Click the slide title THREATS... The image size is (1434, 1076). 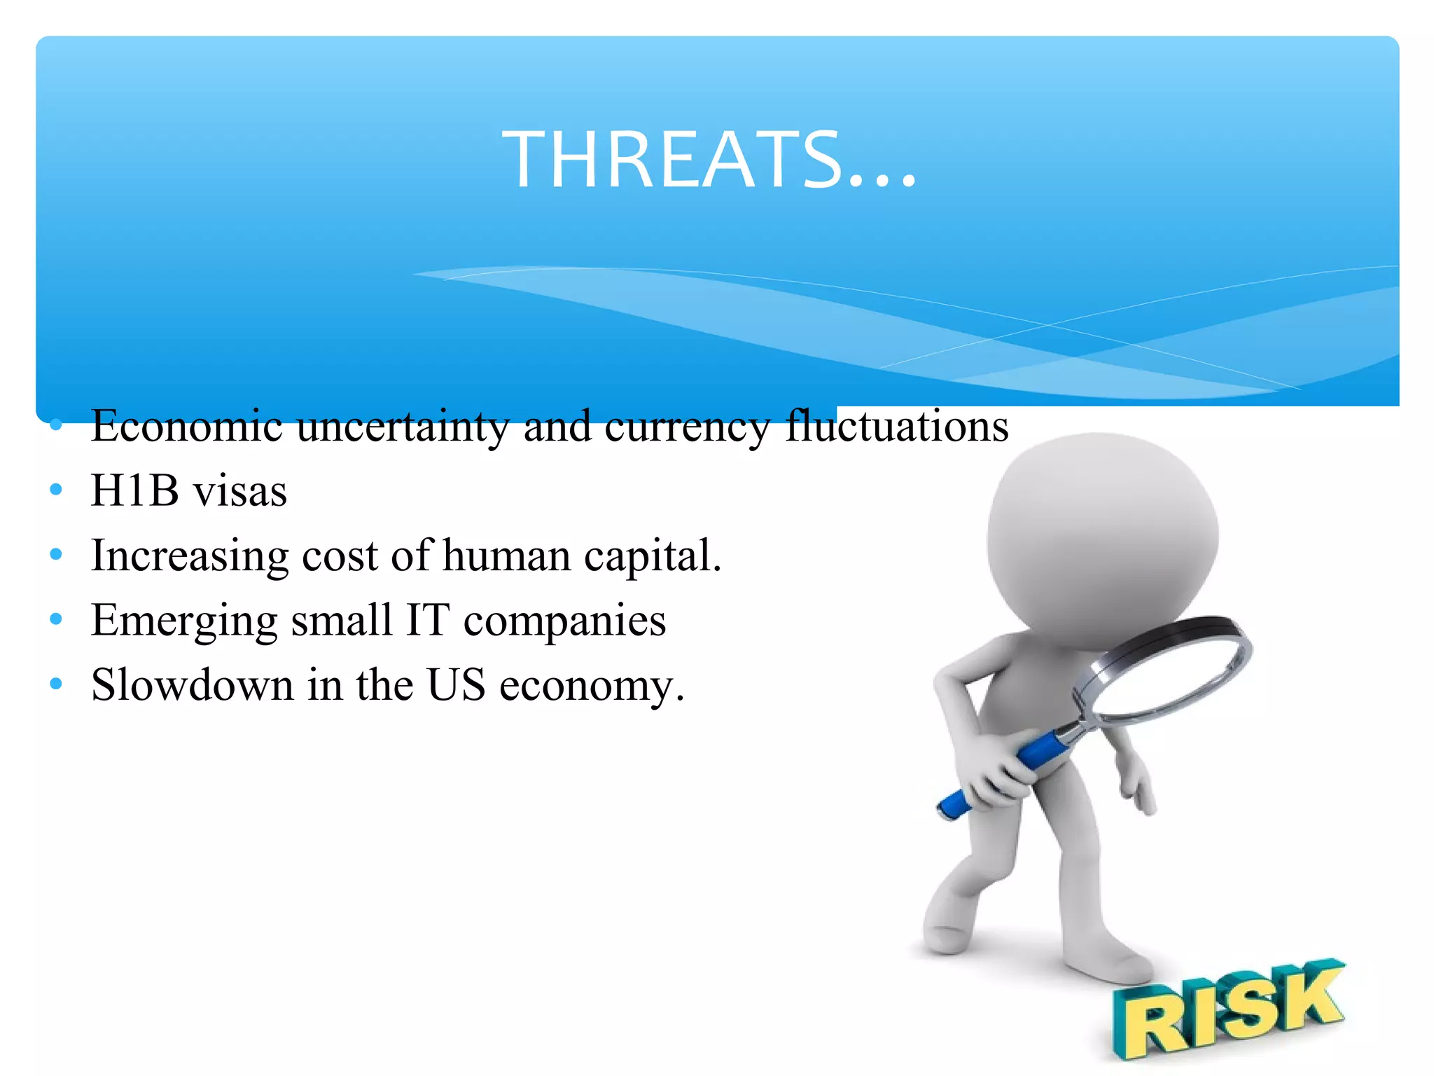pyautogui.click(x=709, y=160)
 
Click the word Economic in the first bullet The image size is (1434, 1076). pyautogui.click(x=186, y=426)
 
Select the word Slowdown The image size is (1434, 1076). pyautogui.click(x=192, y=685)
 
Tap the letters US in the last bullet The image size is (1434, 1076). pyautogui.click(x=456, y=685)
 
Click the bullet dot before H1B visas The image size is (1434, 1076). pyautogui.click(x=57, y=490)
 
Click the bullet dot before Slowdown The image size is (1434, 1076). pyautogui.click(x=57, y=684)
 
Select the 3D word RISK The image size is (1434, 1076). pyautogui.click(x=1227, y=1009)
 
